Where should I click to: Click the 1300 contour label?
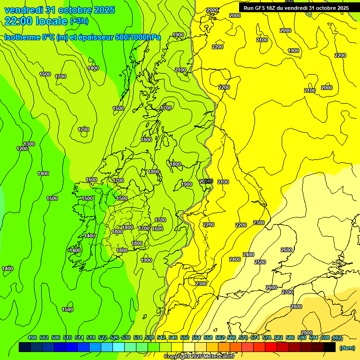coord(29,144)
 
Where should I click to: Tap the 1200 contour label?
coord(22,149)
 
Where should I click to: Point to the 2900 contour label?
coord(307,333)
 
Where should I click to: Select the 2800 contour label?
coord(296,307)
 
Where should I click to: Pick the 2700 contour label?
coord(287,292)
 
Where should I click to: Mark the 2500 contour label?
coord(260,262)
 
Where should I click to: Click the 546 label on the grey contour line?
coord(209,181)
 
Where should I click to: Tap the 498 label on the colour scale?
coord(32,338)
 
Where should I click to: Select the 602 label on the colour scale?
coord(337,338)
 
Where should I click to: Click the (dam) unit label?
coord(347,347)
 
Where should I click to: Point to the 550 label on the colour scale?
coord(184,338)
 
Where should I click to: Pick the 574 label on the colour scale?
coord(255,338)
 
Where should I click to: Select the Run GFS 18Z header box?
coord(296,8)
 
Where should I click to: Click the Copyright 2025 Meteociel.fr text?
coord(199,356)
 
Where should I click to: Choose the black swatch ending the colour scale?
coord(330,347)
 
